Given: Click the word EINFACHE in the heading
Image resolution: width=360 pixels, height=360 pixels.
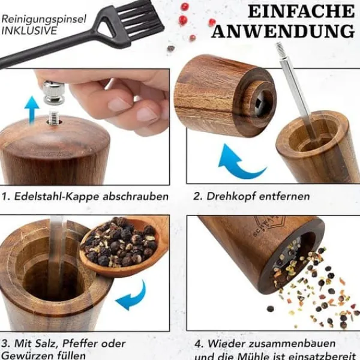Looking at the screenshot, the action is (301, 11).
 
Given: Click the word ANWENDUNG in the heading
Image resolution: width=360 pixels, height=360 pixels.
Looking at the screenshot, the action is (283, 31).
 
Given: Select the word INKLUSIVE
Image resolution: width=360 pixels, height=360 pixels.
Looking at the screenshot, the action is (29, 31).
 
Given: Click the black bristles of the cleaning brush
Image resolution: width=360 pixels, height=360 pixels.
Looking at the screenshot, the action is (139, 20).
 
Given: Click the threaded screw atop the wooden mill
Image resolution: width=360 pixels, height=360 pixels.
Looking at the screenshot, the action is (54, 118).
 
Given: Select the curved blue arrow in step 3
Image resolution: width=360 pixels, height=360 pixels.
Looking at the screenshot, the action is (131, 296).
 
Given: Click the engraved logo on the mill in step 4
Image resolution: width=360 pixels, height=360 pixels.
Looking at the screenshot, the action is (269, 226).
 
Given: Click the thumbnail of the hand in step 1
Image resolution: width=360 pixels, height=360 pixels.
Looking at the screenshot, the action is (119, 104).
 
